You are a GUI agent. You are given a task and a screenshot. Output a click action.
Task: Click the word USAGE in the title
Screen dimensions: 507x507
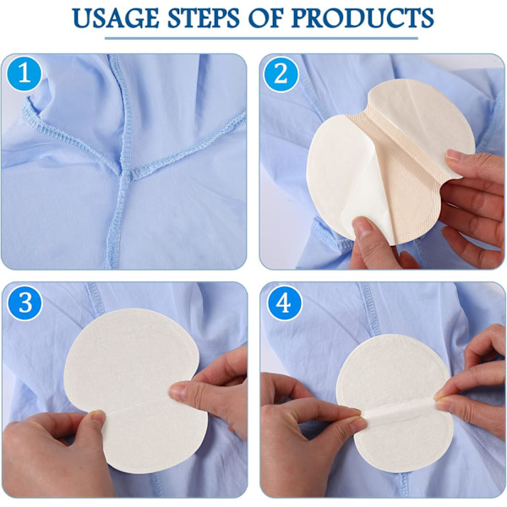click(x=116, y=18)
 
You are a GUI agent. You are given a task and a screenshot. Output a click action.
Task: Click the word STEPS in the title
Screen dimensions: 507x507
click(x=204, y=18)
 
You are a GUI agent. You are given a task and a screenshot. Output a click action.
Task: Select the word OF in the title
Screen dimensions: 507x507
click(x=266, y=18)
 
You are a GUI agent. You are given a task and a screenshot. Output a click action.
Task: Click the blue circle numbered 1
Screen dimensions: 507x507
click(x=25, y=74)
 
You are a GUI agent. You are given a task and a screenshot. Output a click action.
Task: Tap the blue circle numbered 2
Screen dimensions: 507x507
click(x=281, y=74)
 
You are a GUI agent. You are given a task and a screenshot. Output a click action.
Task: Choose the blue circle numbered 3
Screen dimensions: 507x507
click(x=25, y=303)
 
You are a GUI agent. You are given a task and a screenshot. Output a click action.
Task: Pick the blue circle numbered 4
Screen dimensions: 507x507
click(x=284, y=303)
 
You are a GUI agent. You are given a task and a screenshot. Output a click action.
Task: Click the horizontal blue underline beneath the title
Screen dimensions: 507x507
click(x=261, y=39)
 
